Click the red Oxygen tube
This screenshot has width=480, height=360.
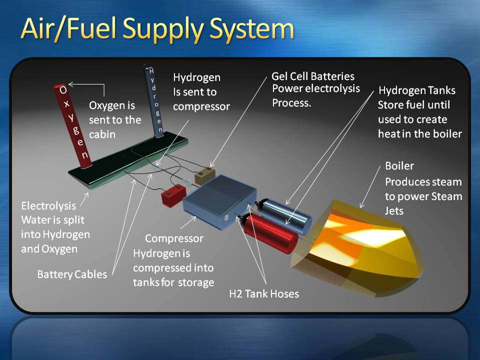pos(73,126)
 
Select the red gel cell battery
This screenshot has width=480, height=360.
pos(173,195)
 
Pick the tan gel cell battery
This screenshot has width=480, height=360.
pos(205,175)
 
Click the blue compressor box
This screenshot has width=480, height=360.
pos(220,201)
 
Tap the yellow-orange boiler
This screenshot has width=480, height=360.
pos(356,248)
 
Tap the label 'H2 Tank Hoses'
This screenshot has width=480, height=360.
pos(264,294)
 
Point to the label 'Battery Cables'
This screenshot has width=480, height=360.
pos(72,274)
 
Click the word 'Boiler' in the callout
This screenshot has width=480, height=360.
pos(399,165)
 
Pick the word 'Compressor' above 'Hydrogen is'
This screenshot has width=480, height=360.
pos(174,239)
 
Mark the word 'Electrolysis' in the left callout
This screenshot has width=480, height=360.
pos(48,205)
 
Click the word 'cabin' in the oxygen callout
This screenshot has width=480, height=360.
pos(102,134)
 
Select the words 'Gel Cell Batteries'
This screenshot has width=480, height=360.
pos(313,76)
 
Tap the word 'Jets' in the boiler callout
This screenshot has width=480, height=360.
pos(394,211)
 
